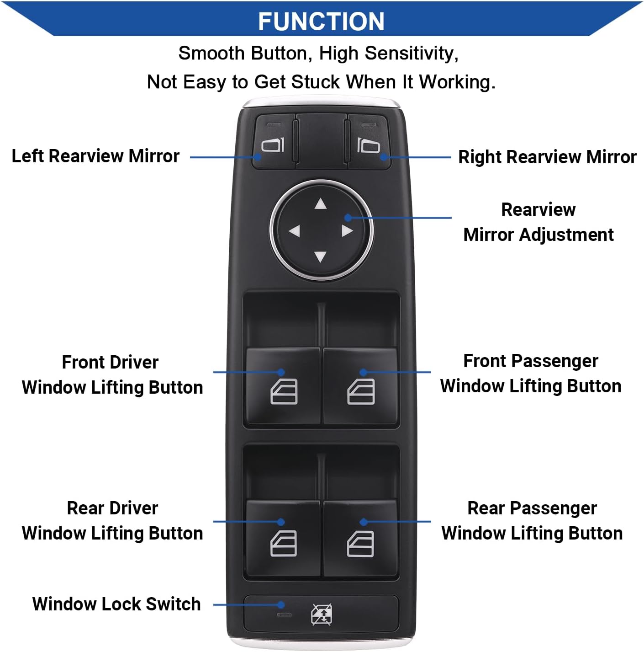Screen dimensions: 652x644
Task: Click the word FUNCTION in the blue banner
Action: point(321,21)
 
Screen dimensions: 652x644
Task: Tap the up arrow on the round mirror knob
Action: point(321,204)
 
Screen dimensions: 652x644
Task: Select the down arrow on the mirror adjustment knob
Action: point(321,257)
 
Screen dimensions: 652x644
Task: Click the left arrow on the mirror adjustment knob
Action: point(294,231)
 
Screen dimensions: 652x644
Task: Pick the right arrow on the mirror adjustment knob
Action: point(347,230)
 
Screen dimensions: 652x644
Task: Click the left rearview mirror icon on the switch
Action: point(273,145)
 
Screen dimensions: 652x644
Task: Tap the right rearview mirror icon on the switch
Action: point(369,146)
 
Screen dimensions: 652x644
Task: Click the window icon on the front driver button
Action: point(284,392)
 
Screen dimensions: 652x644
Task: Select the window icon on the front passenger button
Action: point(361,392)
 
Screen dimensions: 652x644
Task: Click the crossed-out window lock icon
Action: point(322,614)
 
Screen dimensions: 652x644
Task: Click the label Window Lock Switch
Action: point(116,604)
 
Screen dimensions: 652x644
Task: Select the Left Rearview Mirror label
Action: point(95,156)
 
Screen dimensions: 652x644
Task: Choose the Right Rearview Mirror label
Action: point(547,157)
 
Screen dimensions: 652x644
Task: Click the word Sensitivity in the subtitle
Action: point(412,53)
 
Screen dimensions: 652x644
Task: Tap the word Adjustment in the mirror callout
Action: point(566,235)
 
